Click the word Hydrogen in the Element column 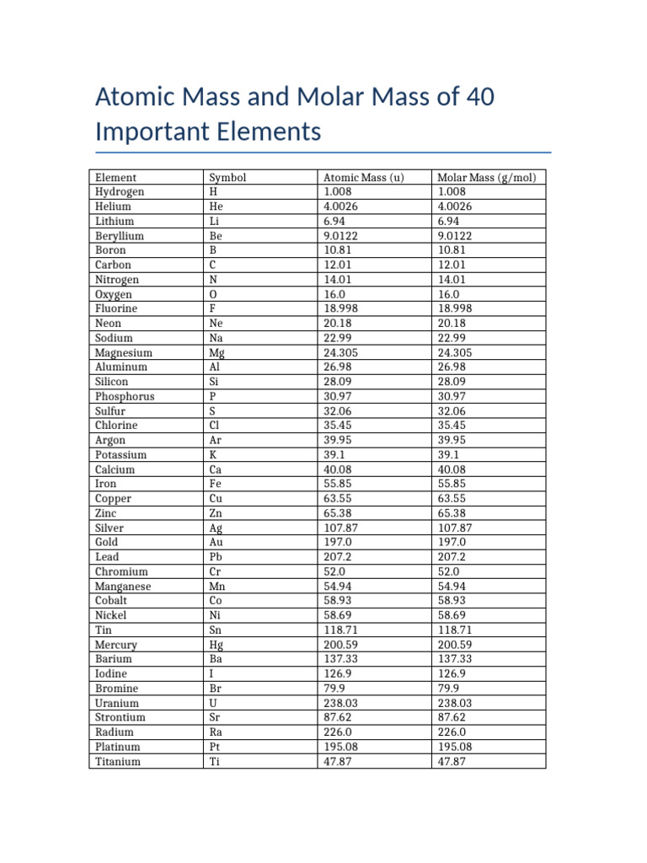tap(120, 192)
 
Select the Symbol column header tap(227, 178)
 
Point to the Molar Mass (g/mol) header tap(487, 178)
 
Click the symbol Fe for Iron tap(216, 484)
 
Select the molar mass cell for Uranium tap(454, 703)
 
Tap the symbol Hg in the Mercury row tap(217, 645)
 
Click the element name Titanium tap(118, 761)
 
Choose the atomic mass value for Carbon tap(338, 265)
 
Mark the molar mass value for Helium tap(455, 206)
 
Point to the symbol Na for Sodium tap(217, 338)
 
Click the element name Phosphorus tap(125, 396)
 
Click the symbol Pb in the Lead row tap(217, 557)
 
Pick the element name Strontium tap(120, 717)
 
